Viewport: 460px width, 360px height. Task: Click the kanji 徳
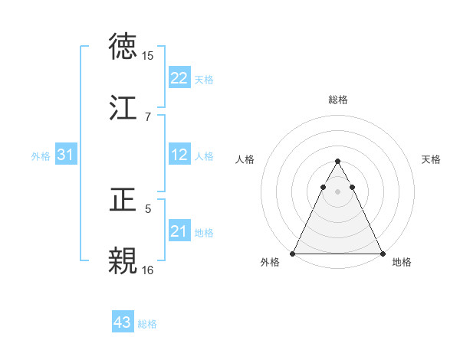(124, 47)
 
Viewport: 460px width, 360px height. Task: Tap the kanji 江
(124, 107)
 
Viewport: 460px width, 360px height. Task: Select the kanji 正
(124, 200)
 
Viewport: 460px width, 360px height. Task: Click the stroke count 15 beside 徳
(147, 55)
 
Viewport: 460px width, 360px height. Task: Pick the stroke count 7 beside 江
(147, 116)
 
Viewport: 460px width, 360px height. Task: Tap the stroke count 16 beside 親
(147, 270)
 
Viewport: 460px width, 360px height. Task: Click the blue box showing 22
(179, 78)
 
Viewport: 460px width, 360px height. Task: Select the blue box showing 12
(179, 155)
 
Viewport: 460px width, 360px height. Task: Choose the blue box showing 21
(179, 231)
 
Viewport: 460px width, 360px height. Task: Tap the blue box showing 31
(65, 155)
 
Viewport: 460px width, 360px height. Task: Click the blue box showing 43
(123, 323)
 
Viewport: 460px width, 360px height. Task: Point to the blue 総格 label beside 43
(147, 324)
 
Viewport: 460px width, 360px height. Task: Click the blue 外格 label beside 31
(41, 155)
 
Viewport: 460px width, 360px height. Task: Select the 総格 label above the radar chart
(337, 100)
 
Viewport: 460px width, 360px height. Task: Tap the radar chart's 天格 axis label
(432, 159)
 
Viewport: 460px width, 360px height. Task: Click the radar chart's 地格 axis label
(402, 263)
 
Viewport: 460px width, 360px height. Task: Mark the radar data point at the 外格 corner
(293, 253)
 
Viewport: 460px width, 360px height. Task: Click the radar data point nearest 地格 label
(382, 253)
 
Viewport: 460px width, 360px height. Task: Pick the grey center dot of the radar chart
(337, 191)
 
